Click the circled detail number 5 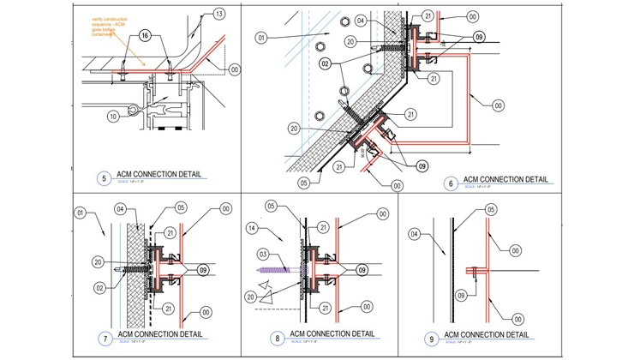coord(104,178)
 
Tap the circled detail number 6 coord(451,183)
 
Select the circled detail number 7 coord(105,339)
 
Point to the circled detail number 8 coord(278,338)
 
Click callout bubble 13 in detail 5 coord(219,15)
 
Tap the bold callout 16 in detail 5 coord(145,35)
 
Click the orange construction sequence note coord(113,26)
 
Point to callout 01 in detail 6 coord(261,37)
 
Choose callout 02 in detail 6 coord(326,63)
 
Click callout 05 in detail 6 coord(303,182)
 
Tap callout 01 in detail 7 coord(80,212)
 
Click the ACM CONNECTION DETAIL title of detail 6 coord(505,179)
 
